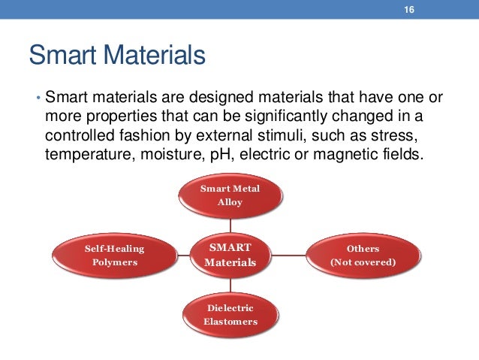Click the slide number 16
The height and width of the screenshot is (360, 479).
(x=410, y=9)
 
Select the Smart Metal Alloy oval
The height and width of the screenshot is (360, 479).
(x=230, y=195)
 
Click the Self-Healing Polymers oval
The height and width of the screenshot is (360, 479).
(x=115, y=255)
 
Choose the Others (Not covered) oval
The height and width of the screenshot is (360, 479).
(x=363, y=255)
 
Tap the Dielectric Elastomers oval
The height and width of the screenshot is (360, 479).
(x=230, y=315)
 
